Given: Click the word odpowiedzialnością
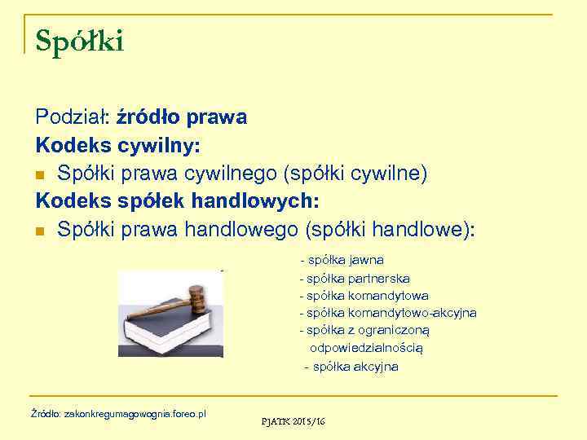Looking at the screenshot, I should [x=366, y=348].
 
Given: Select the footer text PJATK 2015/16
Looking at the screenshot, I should [x=293, y=421].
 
